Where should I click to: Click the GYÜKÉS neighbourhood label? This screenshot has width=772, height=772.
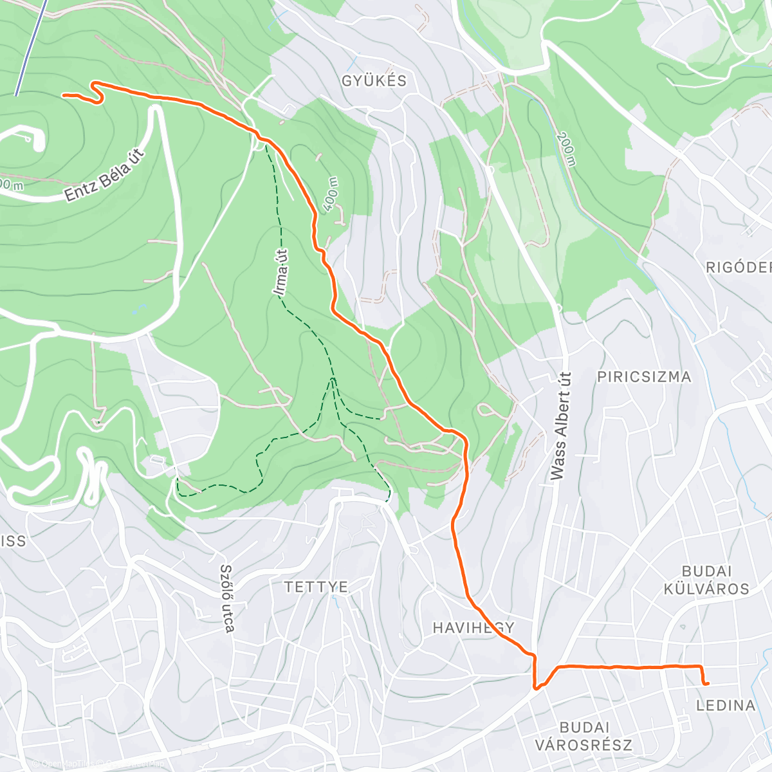point(374,80)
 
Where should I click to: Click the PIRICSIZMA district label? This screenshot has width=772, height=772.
point(644,377)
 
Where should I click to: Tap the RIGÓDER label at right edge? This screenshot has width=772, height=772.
point(739,268)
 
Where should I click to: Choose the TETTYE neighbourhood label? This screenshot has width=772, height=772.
point(317,587)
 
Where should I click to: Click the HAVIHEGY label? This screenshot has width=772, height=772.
point(473,628)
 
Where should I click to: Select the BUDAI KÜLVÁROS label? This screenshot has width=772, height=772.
point(706,580)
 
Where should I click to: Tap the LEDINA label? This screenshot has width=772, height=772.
point(726,705)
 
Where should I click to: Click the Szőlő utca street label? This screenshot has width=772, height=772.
point(226,598)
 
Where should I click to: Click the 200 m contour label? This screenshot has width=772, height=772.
point(566,149)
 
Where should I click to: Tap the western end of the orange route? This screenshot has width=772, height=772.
point(64,95)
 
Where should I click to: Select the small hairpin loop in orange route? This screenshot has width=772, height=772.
point(98,92)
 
